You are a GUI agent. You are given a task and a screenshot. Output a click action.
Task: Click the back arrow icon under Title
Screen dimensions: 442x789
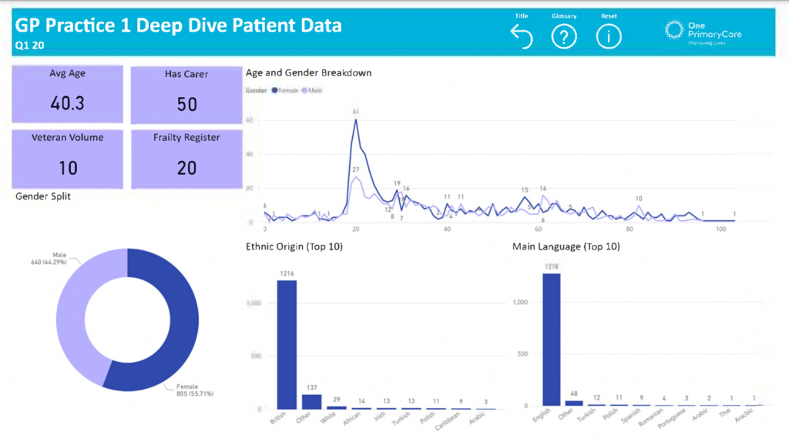point(522,36)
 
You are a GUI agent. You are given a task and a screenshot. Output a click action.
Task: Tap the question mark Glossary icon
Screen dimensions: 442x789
point(564,36)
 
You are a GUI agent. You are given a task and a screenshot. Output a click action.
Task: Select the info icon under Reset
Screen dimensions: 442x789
point(609,36)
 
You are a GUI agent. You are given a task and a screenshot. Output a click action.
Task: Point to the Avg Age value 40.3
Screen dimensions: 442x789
point(68,103)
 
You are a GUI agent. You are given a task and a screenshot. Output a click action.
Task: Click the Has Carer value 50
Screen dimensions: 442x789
point(186,104)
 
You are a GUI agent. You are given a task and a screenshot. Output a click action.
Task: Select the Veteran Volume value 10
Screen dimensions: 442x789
point(68,167)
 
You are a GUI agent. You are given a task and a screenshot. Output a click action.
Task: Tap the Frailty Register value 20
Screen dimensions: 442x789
point(186,167)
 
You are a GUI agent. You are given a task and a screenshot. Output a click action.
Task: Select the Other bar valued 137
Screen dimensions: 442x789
point(311,401)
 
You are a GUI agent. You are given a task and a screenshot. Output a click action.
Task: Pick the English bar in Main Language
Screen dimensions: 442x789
point(551,339)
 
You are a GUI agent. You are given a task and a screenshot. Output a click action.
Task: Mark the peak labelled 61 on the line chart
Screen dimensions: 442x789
point(355,120)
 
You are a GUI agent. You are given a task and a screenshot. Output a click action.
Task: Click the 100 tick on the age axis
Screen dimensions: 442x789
point(721,229)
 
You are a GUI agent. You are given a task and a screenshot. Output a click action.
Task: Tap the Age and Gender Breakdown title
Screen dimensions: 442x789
point(308,73)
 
